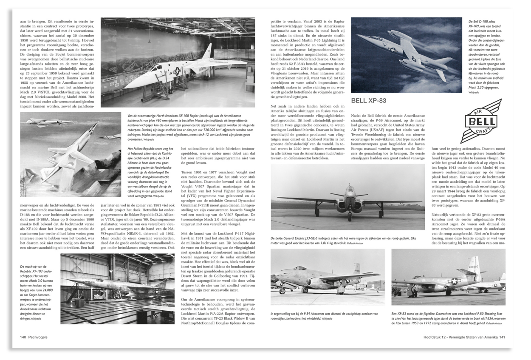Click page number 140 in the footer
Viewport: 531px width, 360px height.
point(23,337)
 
